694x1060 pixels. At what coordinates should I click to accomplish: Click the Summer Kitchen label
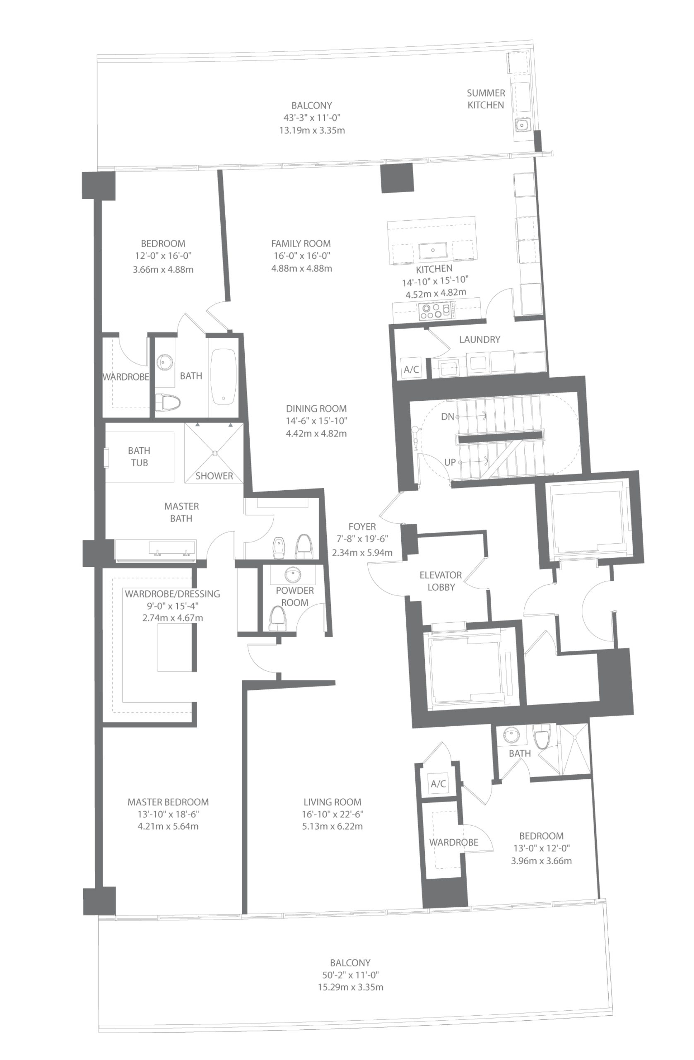486,99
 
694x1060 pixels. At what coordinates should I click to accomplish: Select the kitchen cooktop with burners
436,310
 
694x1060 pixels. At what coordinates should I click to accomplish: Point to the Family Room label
301,243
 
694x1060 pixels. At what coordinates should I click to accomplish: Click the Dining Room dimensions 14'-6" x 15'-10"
316,420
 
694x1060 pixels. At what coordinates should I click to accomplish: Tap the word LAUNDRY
479,340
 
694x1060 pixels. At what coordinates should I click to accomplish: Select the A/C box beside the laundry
411,369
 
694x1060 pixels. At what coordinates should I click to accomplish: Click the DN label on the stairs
447,417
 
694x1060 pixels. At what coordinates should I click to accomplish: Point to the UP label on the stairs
449,463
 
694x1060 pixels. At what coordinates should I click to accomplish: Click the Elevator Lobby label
441,581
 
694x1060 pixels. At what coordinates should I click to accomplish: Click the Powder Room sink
293,573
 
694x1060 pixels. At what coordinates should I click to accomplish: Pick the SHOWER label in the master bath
214,476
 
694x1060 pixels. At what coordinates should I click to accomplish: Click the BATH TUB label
139,457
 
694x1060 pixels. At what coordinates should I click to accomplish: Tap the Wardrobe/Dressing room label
172,594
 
